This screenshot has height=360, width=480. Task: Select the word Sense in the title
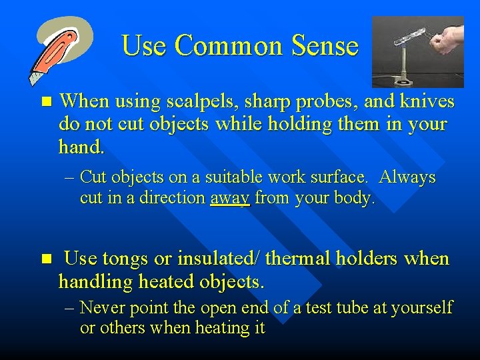click(x=328, y=46)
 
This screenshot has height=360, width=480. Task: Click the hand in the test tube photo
click(x=446, y=41)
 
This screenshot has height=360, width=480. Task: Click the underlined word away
click(x=230, y=198)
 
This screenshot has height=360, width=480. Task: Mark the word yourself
click(x=423, y=308)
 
